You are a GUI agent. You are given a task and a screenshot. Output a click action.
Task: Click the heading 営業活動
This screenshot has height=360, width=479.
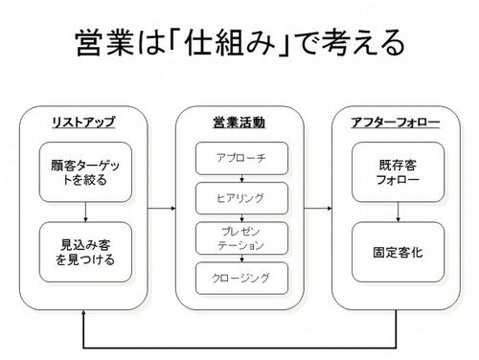point(239,123)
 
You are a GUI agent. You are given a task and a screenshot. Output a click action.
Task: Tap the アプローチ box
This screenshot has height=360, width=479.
point(239,156)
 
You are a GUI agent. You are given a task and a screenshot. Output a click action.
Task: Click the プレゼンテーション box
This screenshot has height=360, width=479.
point(239,237)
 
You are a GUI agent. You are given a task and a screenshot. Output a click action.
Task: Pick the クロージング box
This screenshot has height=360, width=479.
point(239,279)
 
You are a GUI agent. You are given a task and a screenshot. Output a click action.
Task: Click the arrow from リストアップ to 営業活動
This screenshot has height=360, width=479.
point(162,207)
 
